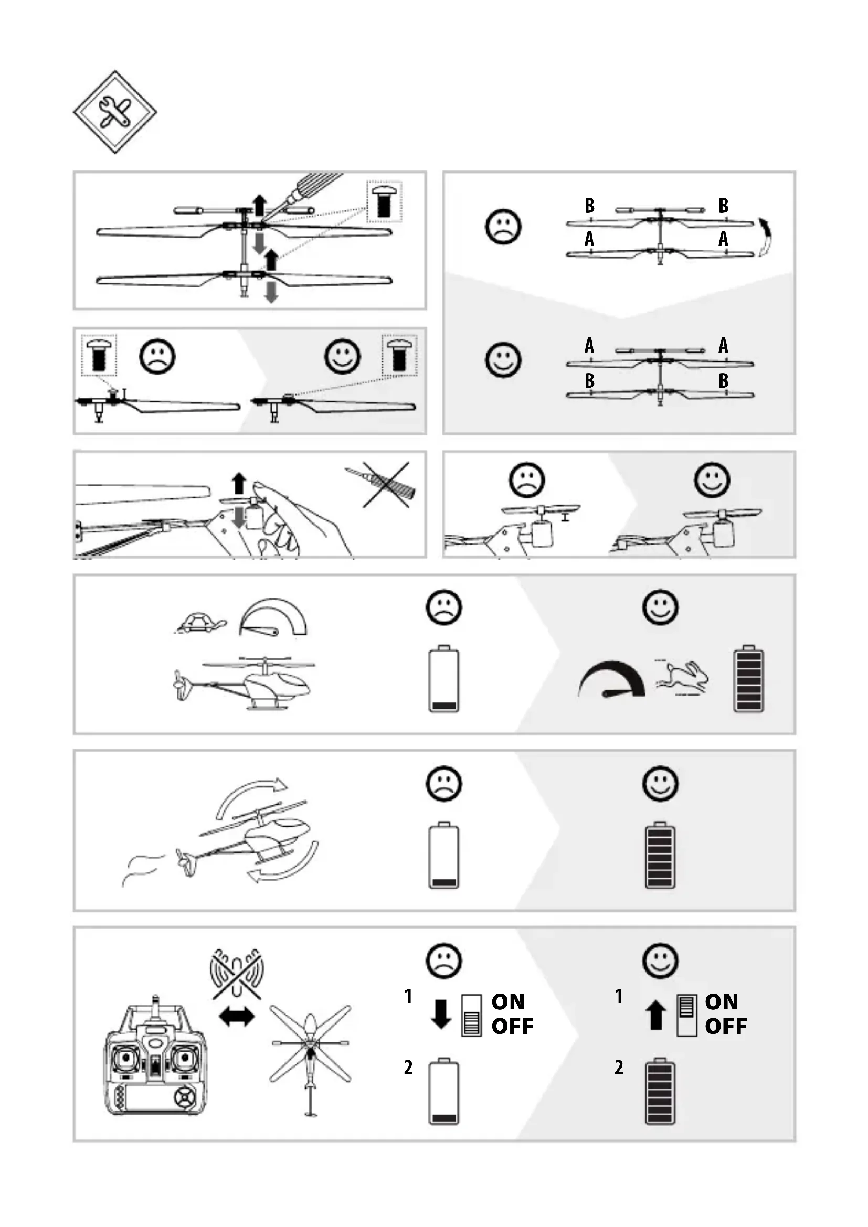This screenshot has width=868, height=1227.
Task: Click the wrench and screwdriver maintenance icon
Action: point(115,112)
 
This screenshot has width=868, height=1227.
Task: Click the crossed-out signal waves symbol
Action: point(237,974)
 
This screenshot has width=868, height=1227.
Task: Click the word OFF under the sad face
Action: point(513,1027)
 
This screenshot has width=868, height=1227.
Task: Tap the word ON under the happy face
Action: point(722,1001)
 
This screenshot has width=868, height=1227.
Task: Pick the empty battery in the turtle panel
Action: point(443,679)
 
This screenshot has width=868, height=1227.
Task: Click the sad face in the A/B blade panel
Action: point(503,227)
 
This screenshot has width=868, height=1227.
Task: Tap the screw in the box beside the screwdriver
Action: point(384,201)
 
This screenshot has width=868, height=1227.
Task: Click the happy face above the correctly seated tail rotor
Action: point(712,479)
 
